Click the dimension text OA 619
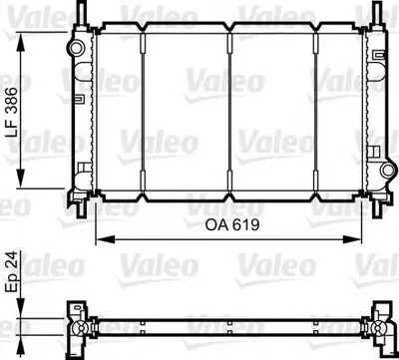click(x=232, y=225)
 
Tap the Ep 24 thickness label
click(x=12, y=272)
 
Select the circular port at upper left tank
click(x=77, y=48)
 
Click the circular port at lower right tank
click(x=388, y=171)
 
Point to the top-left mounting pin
click(x=82, y=13)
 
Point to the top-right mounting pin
click(x=377, y=13)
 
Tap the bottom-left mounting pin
click(x=82, y=208)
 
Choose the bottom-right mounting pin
click(x=377, y=208)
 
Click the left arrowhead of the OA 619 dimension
click(x=105, y=239)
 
